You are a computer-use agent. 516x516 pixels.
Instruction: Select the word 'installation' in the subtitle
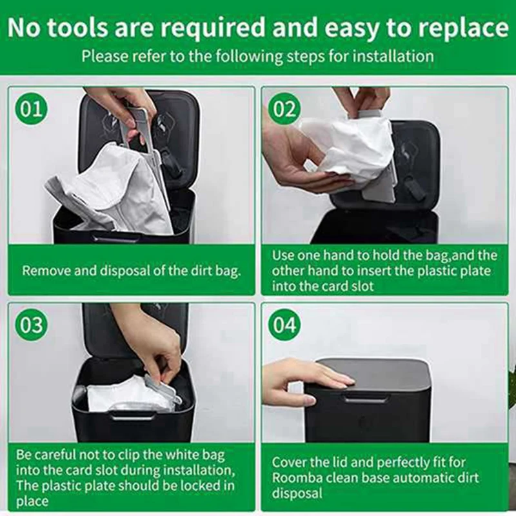[385, 55]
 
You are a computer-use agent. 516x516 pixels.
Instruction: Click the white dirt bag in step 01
[116, 187]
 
